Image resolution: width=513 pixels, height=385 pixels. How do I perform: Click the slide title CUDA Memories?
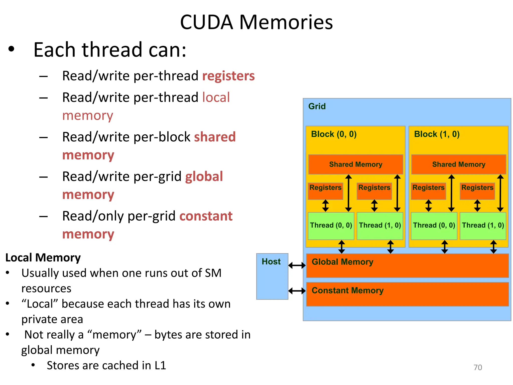256,22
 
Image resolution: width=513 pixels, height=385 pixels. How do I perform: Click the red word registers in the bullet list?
228,76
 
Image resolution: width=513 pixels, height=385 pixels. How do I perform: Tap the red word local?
216,97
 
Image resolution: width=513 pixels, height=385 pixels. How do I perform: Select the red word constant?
206,216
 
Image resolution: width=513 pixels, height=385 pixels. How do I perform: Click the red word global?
204,176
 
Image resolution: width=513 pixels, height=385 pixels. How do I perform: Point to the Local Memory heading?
43,258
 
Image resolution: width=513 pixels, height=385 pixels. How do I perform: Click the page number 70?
478,367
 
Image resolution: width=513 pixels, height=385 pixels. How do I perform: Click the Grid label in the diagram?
317,106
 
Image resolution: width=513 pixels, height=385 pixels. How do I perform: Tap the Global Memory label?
342,262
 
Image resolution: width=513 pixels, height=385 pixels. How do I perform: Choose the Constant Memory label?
347,291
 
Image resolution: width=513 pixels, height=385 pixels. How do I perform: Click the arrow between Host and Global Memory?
297,265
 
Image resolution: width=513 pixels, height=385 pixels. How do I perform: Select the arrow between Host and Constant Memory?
297,291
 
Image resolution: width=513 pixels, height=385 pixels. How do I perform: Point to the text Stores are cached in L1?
106,365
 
